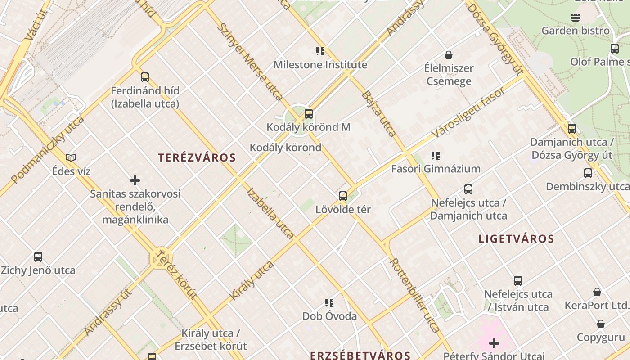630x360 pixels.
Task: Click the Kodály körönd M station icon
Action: point(308,114)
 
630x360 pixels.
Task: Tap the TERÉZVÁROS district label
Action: point(197,157)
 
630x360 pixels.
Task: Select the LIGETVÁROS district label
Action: point(516,238)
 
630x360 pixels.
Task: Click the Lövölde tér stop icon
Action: point(343,196)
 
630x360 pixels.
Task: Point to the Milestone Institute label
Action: point(320,65)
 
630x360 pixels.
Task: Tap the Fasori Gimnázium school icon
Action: point(435,156)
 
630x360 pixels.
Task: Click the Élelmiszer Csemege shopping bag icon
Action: point(448,55)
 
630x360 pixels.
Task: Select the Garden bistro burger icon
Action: point(576,18)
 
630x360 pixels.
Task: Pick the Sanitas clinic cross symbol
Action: point(135,180)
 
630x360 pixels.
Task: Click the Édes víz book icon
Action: point(71,157)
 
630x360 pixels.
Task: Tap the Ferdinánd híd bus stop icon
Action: point(144,77)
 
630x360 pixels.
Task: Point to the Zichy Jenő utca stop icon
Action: point(38,257)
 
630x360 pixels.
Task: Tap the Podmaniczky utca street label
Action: point(47,150)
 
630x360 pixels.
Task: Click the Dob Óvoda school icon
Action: point(329,303)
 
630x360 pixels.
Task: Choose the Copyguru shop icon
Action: point(600,324)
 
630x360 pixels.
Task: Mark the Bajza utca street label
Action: point(379,114)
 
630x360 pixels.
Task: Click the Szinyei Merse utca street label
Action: point(250,62)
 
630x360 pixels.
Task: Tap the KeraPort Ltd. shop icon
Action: point(597,292)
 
